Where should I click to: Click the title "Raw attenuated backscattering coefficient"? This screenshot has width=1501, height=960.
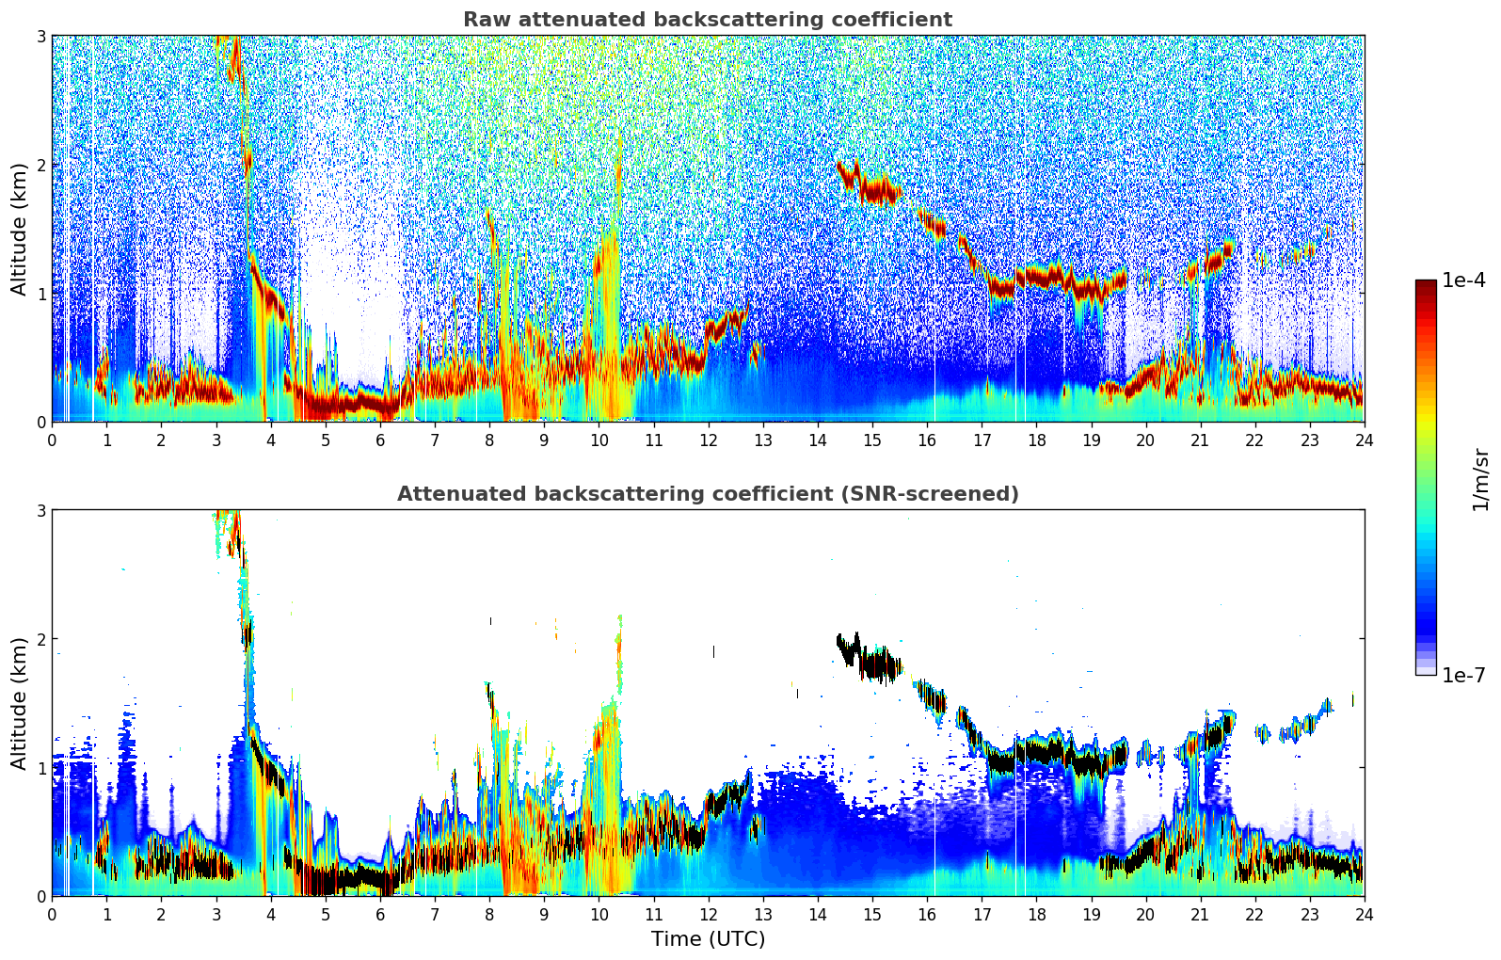707,20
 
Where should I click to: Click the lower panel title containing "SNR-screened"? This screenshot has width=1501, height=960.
707,494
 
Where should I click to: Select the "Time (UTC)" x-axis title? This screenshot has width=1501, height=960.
708,939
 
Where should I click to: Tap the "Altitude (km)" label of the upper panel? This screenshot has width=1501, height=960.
19,229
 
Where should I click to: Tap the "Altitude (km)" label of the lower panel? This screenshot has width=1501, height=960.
19,703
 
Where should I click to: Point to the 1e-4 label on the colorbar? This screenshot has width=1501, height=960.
1463,280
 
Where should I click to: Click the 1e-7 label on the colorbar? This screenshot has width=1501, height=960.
1463,675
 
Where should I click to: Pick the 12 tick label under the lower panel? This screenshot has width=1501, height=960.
708,914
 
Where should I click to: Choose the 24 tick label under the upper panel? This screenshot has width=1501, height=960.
1364,440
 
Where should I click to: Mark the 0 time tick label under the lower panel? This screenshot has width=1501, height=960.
52,914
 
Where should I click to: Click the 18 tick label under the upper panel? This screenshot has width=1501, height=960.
1036,440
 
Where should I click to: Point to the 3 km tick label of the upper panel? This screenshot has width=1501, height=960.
40,36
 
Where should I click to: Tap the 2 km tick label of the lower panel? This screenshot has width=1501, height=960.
40,639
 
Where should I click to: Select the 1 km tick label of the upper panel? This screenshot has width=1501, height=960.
40,294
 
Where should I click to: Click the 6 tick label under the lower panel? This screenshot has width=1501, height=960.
380,914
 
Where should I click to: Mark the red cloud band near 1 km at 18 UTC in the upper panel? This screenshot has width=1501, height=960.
1036,276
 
